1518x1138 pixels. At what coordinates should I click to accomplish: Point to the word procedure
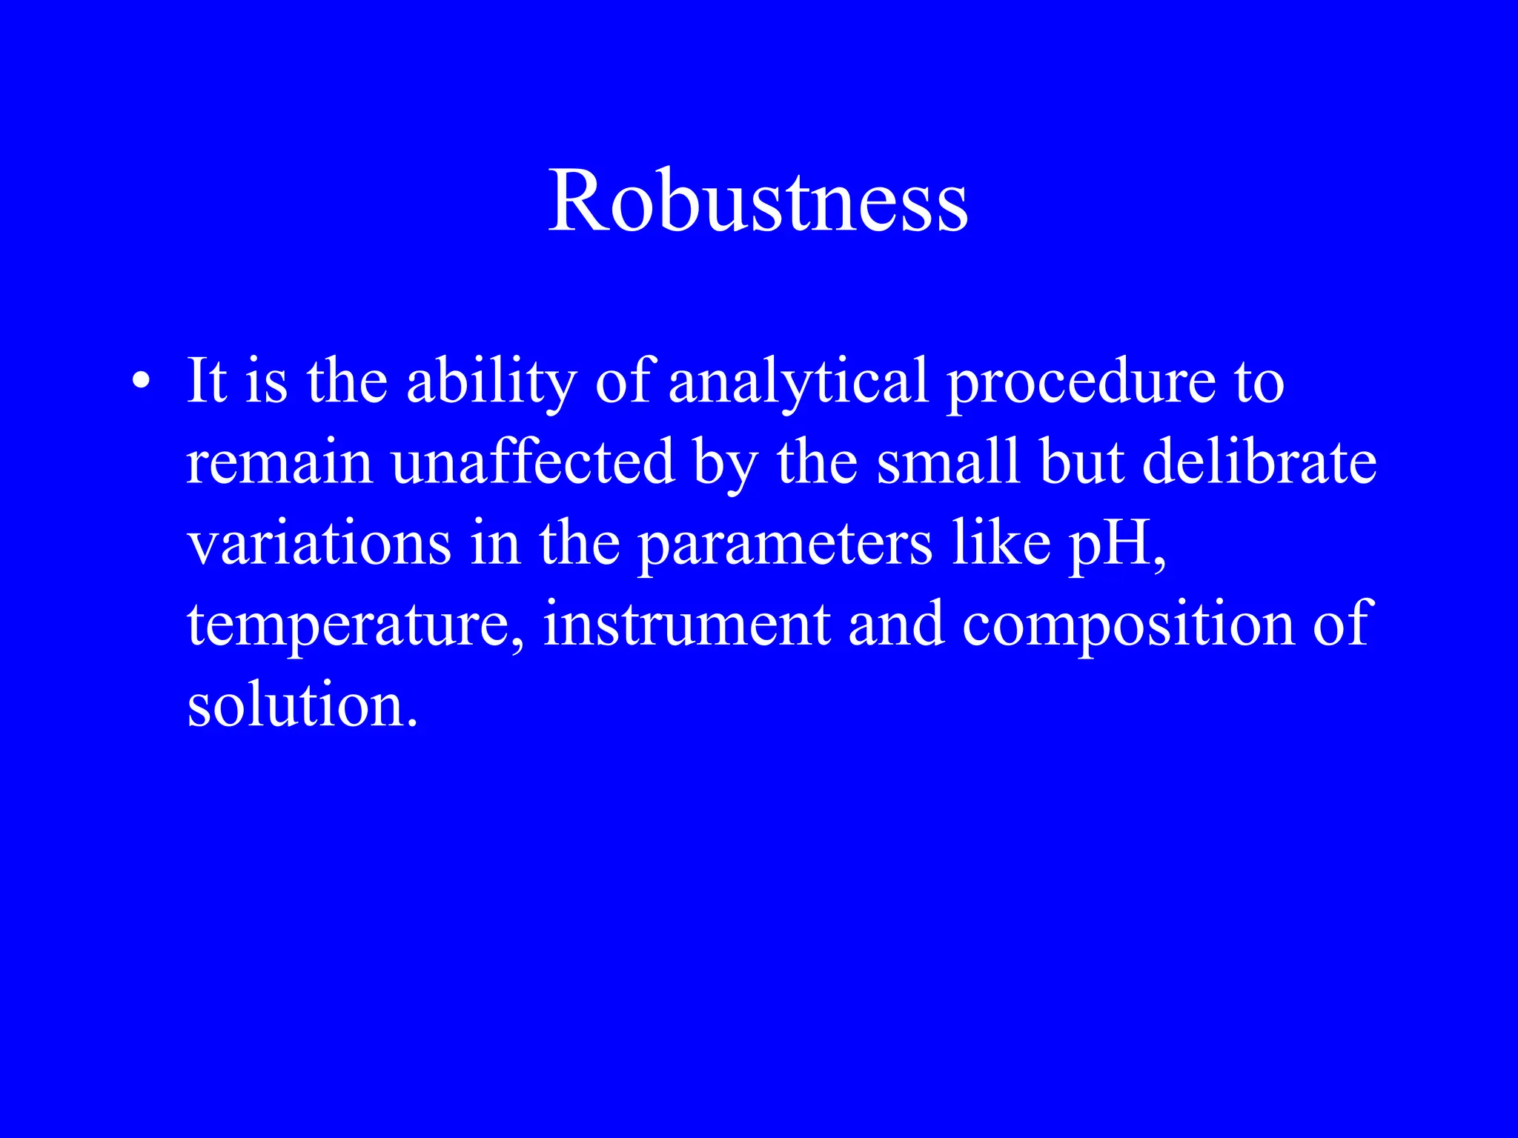(x=1081, y=382)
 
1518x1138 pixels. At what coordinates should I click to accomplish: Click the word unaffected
(x=533, y=463)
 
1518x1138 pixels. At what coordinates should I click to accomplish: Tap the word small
(x=948, y=463)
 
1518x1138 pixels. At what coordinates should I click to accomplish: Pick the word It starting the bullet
(x=206, y=382)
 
